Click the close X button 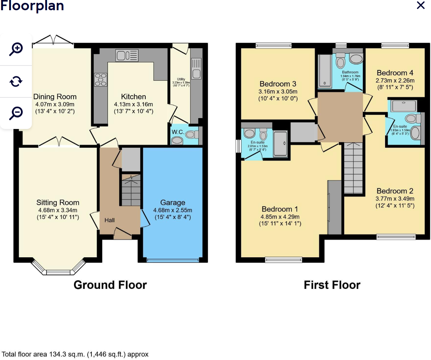pos(421,5)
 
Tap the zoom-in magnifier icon pos(16,49)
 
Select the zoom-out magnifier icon pos(16,113)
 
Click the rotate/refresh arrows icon pos(16,81)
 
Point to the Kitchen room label pos(133,97)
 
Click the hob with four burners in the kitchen pos(101,80)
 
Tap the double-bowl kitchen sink pos(127,56)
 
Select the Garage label pos(172,203)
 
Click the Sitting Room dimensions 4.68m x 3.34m pos(58,210)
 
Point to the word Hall pos(109,220)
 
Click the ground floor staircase pos(131,190)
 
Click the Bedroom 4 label pos(395,73)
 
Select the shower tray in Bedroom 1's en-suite pos(280,144)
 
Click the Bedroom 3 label pos(278,84)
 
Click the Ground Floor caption pos(110,285)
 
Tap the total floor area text pos(75,354)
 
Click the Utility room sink pos(196,69)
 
